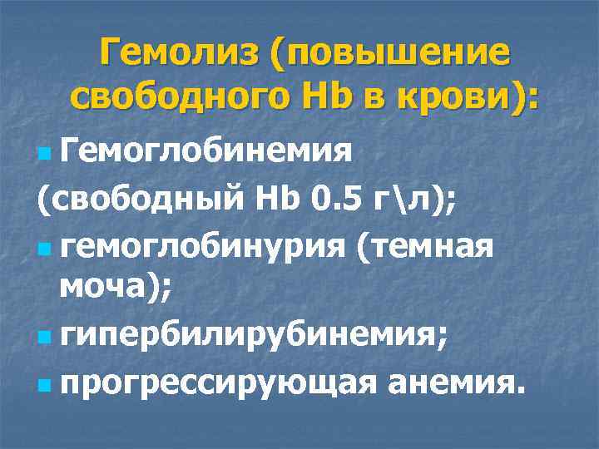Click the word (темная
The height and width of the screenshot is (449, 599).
425,246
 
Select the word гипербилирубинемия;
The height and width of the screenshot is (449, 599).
257,338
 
